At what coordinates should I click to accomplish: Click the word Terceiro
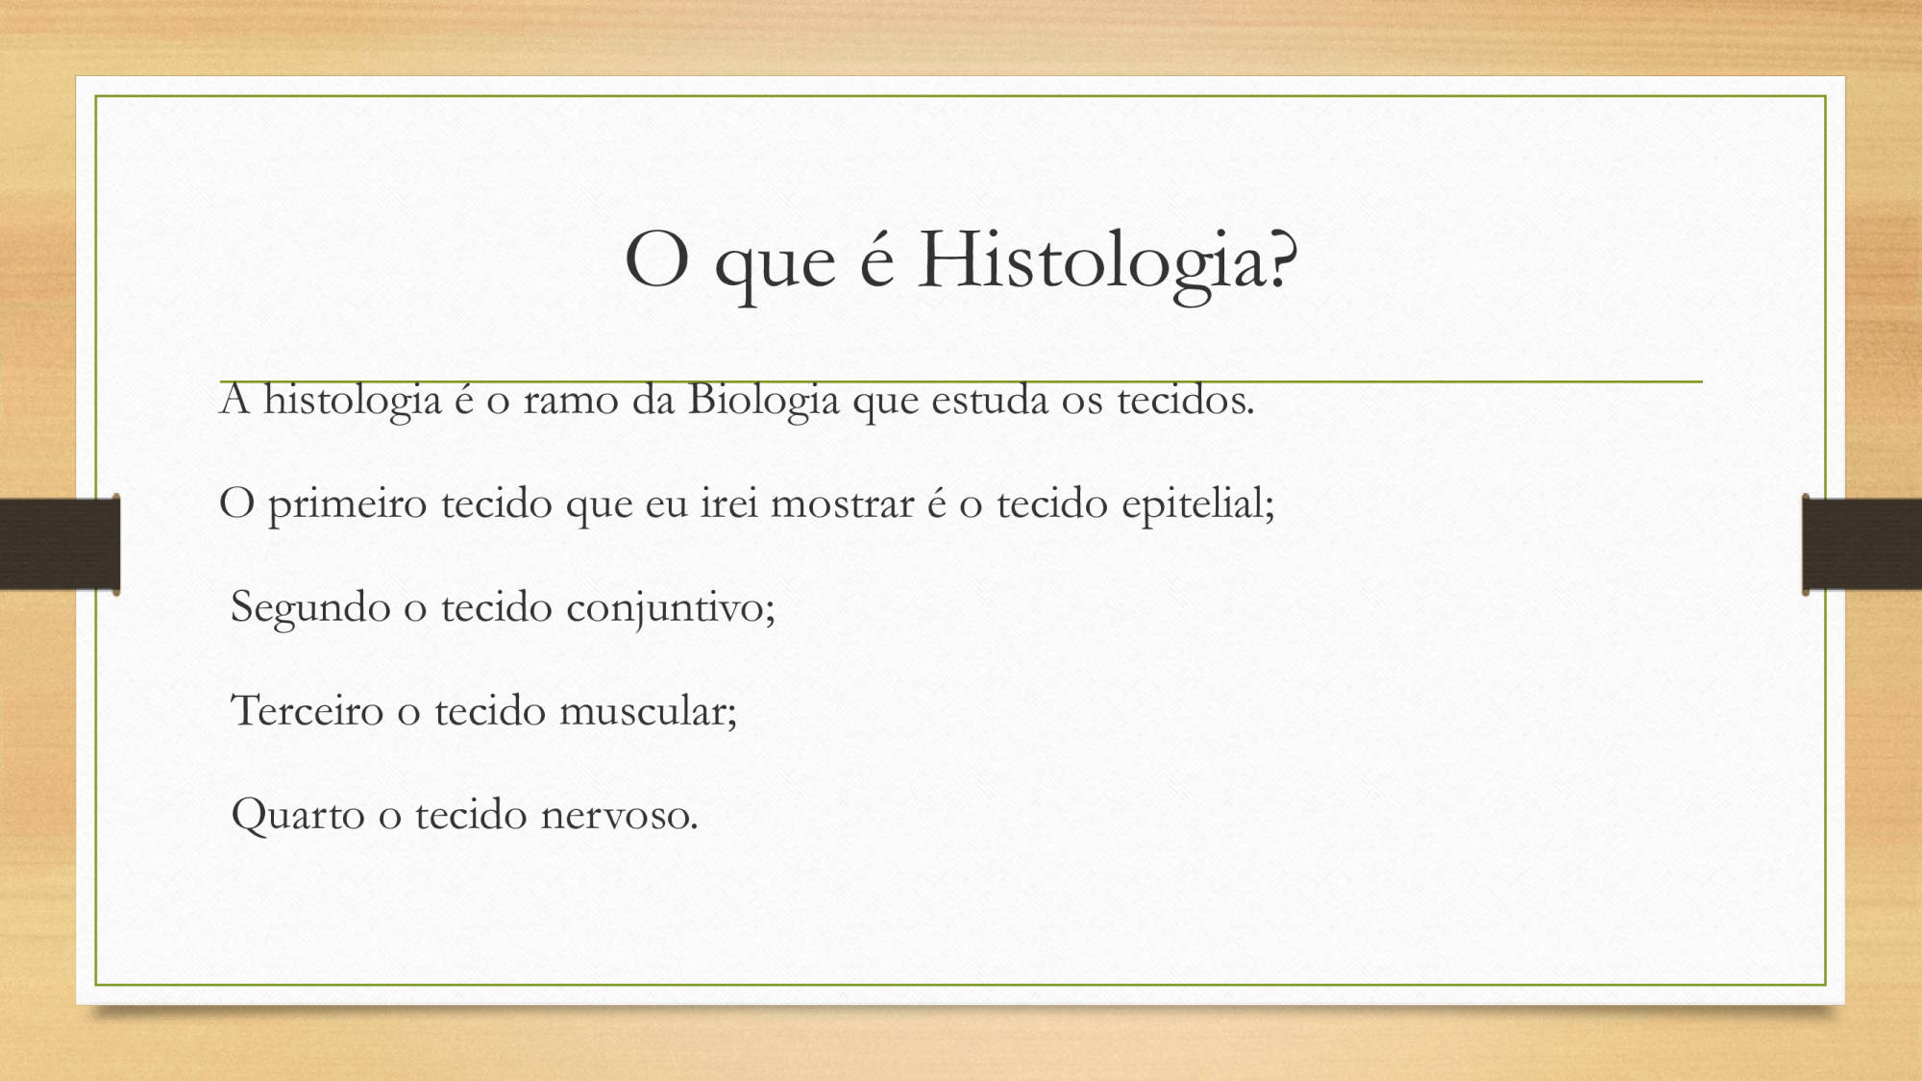click(307, 712)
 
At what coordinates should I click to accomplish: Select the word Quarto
click(298, 816)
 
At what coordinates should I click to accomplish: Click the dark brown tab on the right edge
click(1861, 544)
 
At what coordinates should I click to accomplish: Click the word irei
click(728, 504)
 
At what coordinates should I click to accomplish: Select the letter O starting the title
click(656, 259)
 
